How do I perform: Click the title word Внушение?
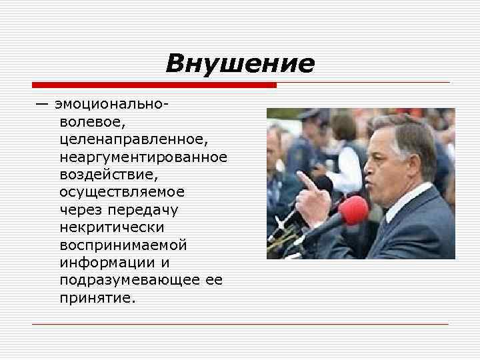[239, 63]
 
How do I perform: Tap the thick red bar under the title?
[154, 85]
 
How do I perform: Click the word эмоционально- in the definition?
[112, 105]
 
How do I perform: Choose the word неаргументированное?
[143, 157]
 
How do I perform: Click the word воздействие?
[110, 175]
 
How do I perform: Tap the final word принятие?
[97, 297]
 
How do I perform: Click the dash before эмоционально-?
[43, 105]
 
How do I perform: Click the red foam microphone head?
[353, 210]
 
